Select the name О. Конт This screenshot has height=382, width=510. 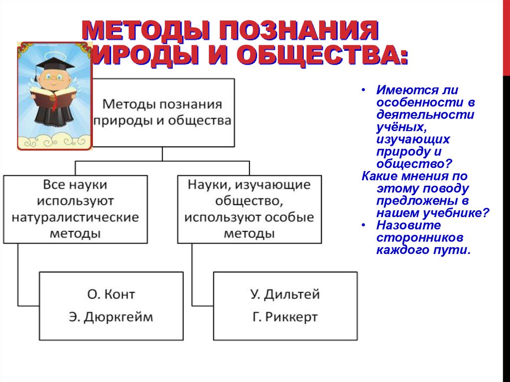pyautogui.click(x=111, y=294)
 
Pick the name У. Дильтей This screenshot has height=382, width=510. pyautogui.click(x=284, y=294)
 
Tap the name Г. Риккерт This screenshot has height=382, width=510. pyautogui.click(x=285, y=317)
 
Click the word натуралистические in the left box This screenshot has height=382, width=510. pyautogui.click(x=75, y=218)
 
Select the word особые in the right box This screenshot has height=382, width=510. pyautogui.click(x=293, y=218)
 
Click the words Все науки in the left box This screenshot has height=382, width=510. pyautogui.click(x=75, y=185)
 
